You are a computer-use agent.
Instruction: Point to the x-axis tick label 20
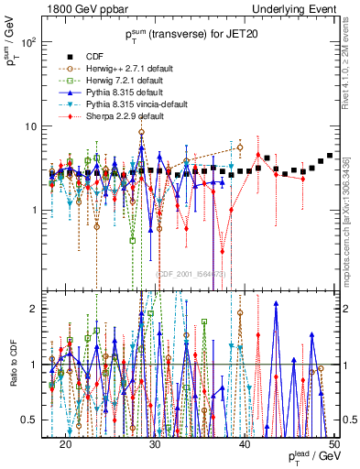point(65,443)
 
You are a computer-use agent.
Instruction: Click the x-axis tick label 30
point(155,443)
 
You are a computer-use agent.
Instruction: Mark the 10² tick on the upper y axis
point(28,43)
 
